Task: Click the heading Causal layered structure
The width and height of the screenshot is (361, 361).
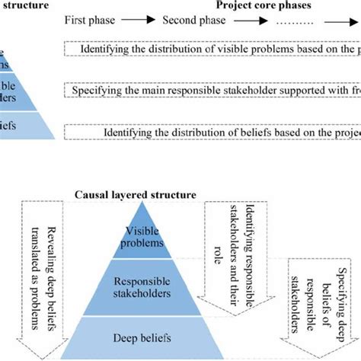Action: click(135, 195)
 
